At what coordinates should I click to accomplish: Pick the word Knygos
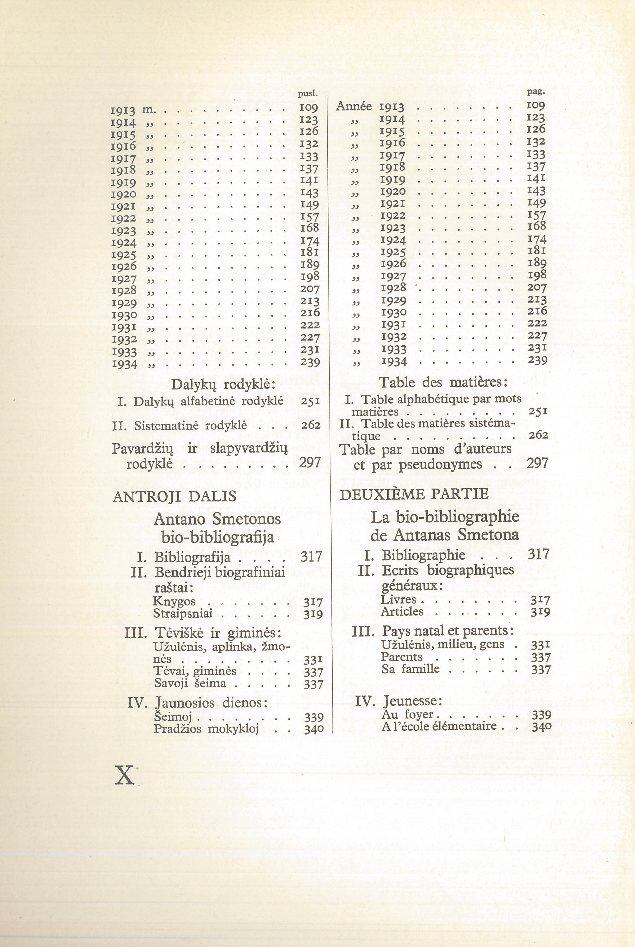click(174, 601)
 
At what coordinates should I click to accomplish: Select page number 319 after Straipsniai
click(313, 614)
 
